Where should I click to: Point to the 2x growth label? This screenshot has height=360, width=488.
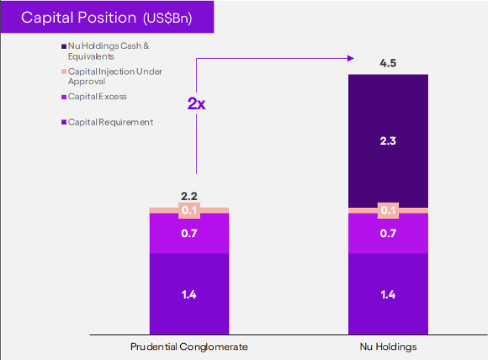[x=196, y=103]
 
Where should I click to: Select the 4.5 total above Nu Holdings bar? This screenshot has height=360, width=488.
[x=389, y=61]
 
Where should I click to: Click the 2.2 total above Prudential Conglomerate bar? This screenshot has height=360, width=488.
[x=189, y=196]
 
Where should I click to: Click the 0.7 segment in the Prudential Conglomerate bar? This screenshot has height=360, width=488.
[x=189, y=234]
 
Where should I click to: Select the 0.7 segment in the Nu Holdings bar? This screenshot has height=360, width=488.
[x=389, y=234]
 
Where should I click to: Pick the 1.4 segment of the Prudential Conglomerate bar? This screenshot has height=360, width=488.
[x=189, y=294]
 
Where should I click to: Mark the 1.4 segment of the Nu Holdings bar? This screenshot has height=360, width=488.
[x=389, y=294]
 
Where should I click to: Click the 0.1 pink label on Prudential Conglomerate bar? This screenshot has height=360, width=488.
[x=189, y=210]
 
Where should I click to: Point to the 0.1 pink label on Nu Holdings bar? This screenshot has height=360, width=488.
[x=389, y=210]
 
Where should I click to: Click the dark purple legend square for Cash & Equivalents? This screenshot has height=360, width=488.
[x=64, y=45]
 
